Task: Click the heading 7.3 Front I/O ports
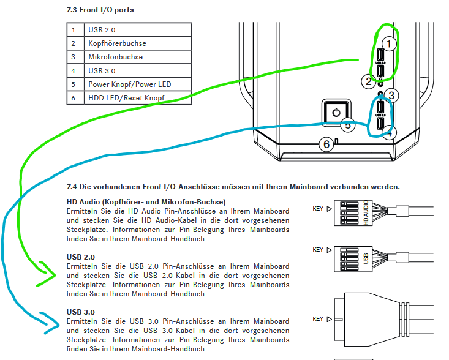[100, 10]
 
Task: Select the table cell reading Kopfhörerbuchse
[117, 43]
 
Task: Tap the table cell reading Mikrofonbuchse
[115, 57]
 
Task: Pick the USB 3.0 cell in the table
[102, 71]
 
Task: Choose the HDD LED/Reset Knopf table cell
[126, 98]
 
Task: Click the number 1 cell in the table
[74, 30]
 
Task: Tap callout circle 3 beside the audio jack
[392, 95]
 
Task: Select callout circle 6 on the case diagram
[326, 144]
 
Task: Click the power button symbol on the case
[335, 113]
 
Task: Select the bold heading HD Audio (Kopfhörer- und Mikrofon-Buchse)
[146, 202]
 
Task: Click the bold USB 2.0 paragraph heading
[81, 257]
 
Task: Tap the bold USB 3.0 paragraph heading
[81, 312]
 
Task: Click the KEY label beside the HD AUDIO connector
[318, 209]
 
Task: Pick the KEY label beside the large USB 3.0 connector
[318, 319]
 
